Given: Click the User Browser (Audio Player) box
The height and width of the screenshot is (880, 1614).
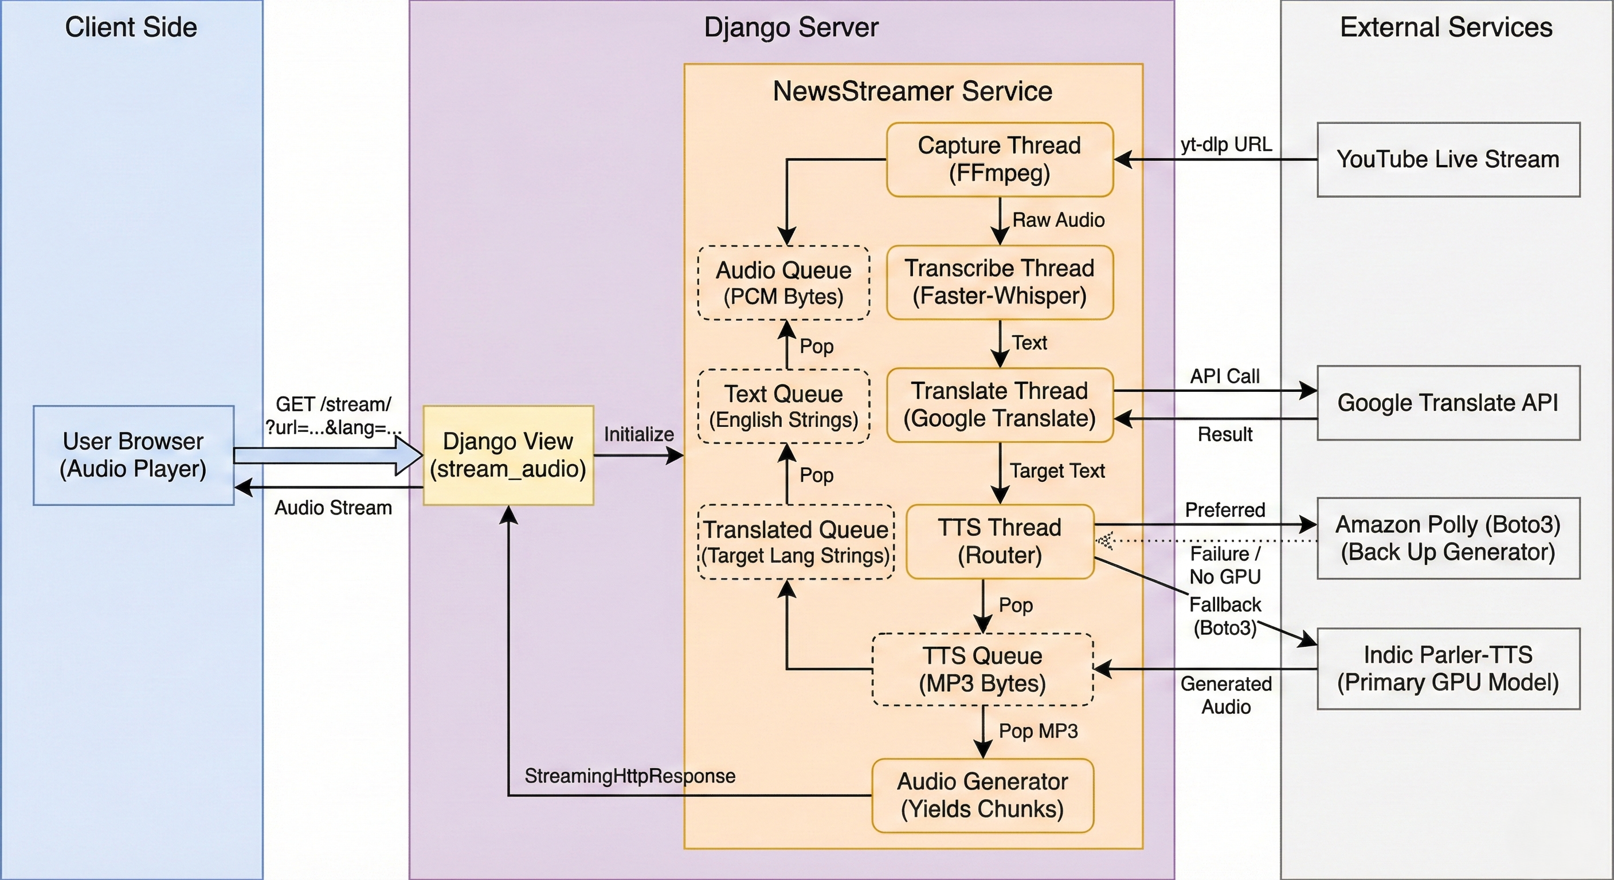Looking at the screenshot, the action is click(x=134, y=455).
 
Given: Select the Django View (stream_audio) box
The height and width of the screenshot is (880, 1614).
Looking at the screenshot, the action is click(x=508, y=455).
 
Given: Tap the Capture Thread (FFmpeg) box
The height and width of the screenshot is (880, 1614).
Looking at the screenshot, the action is click(x=1000, y=159).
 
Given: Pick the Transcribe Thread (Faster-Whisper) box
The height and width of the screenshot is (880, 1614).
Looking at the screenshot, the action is click(x=1000, y=282).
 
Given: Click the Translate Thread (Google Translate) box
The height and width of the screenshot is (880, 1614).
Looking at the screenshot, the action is click(x=1000, y=404).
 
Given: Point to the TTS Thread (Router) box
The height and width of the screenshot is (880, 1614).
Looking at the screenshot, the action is click(x=1000, y=541).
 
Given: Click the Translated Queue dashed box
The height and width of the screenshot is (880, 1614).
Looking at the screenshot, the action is click(x=796, y=542).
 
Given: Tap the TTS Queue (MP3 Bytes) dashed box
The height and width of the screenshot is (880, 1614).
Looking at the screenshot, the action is click(x=982, y=669).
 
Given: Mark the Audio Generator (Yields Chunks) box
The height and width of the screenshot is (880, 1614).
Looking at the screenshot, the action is click(x=982, y=795).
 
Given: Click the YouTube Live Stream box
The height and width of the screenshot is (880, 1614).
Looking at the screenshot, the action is click(x=1448, y=160).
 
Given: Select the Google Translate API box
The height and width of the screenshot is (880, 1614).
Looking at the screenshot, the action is click(x=1448, y=403).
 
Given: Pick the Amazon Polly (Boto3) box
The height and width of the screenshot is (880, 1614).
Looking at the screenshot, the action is click(x=1448, y=538).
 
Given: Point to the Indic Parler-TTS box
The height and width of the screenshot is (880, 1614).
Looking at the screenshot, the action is click(x=1448, y=668).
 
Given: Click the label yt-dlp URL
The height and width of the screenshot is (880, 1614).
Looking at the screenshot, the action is click(x=1226, y=145).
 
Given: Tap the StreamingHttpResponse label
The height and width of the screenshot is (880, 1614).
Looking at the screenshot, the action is click(x=630, y=776).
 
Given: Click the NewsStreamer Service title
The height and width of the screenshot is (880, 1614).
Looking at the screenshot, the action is click(x=912, y=91).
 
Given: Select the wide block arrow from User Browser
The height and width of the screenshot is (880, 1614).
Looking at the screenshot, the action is click(x=328, y=455).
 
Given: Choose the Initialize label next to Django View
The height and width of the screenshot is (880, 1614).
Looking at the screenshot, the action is click(x=638, y=434).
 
